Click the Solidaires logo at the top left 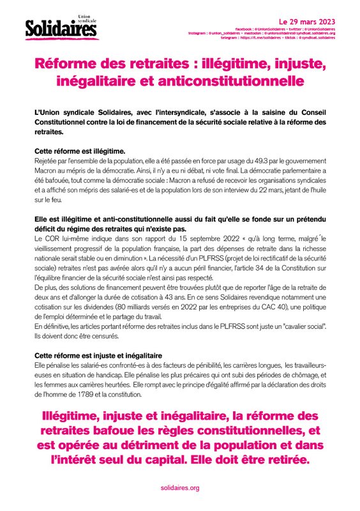click(x=58, y=28)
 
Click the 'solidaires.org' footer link click(x=180, y=487)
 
